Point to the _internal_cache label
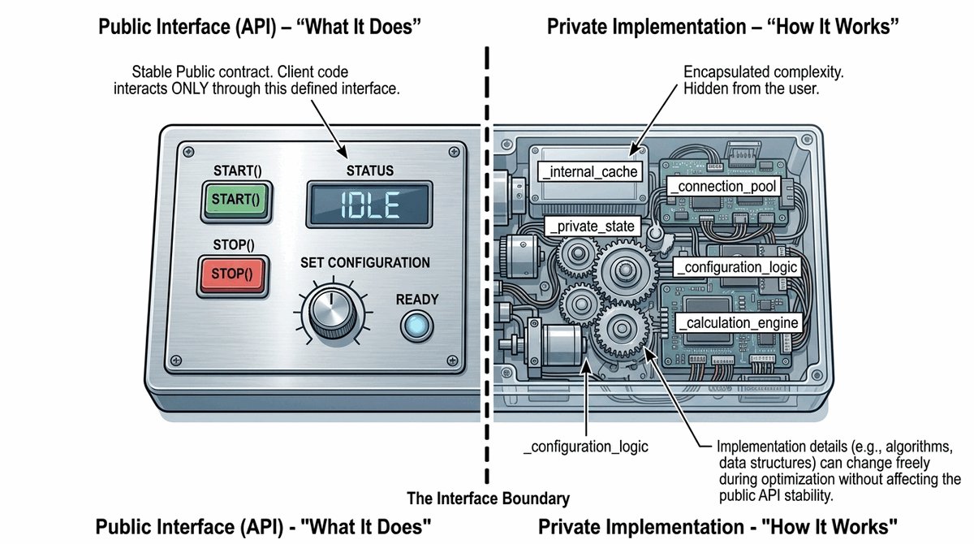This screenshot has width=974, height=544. pos(588,171)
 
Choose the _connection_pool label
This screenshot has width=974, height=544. pos(724,187)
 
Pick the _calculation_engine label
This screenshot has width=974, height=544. pos(739,322)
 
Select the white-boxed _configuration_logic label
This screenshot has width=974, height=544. pos(739,267)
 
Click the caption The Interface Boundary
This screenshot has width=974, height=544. pos(489,499)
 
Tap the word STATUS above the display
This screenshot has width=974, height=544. pos(369,171)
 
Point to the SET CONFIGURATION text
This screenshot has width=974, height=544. pos(365,262)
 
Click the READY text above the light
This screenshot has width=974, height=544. pos(417,300)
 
